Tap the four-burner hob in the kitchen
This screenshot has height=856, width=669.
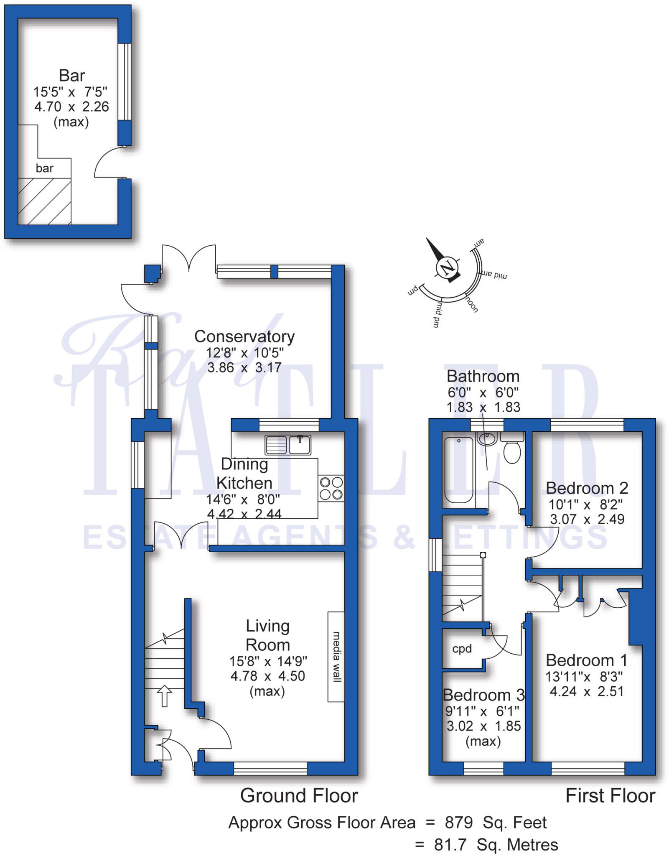[x=331, y=488]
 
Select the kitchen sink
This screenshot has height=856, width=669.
[x=287, y=445]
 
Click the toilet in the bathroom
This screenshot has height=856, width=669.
[x=512, y=451]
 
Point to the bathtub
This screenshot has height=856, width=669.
[x=458, y=469]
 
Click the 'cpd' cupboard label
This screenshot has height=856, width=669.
[x=462, y=649]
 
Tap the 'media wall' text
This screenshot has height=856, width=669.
[x=336, y=657]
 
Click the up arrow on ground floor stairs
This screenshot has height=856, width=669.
[x=164, y=696]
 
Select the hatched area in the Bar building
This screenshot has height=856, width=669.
[x=44, y=201]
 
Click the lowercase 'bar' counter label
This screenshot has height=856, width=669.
[x=44, y=168]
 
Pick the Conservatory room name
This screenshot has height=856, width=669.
[x=244, y=336]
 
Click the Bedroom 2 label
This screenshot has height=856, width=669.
[x=587, y=488]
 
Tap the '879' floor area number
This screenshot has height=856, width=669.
[x=458, y=823]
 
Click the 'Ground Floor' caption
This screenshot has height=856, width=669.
[x=299, y=795]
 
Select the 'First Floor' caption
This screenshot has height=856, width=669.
[x=610, y=795]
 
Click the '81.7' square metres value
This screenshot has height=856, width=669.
[x=450, y=845]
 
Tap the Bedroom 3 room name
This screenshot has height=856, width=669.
[x=483, y=695]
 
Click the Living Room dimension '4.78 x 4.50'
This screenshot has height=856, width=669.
[x=267, y=676]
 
